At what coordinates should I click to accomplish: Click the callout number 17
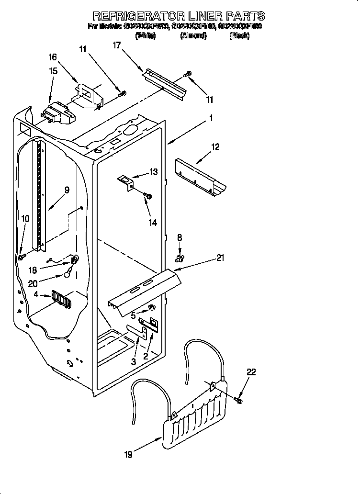[x=116, y=45]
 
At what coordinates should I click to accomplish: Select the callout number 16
[x=53, y=57]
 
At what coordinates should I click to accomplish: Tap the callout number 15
[x=53, y=71]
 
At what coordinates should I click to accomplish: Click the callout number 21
[x=220, y=258]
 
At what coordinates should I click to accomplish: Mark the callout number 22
[x=251, y=371]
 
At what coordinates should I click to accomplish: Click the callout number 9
[x=67, y=190]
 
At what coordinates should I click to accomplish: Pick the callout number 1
[x=211, y=118]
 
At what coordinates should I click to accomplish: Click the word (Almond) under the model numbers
[x=193, y=36]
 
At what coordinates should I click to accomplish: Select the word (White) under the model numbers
[x=146, y=36]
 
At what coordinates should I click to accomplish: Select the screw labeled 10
[x=22, y=257]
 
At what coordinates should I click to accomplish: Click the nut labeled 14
[x=148, y=196]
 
